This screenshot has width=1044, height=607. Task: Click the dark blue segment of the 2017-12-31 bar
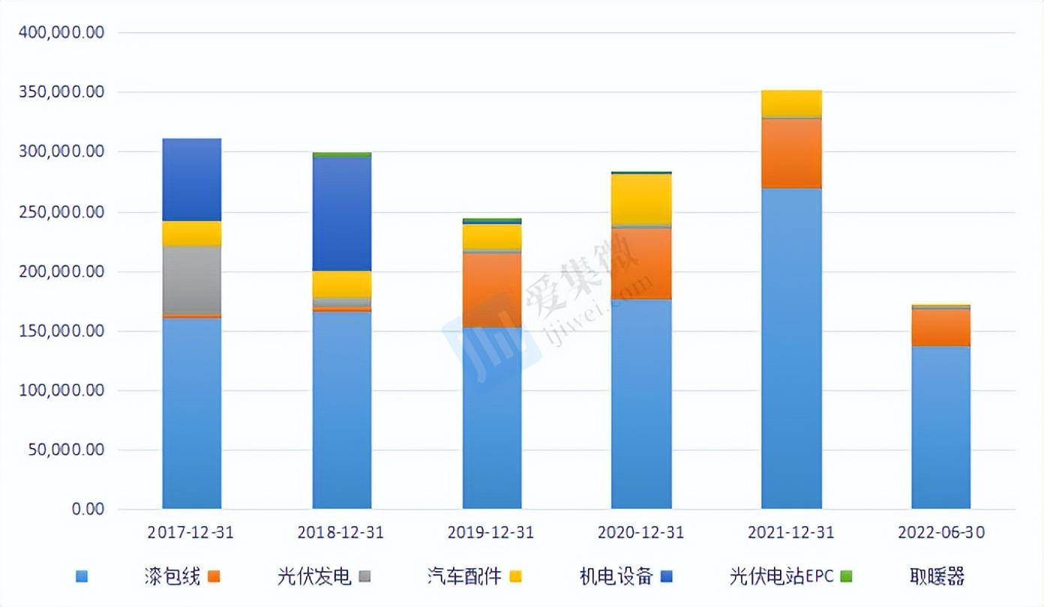192,180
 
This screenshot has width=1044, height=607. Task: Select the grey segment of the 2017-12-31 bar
192,280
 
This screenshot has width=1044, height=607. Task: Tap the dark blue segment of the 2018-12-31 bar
342,214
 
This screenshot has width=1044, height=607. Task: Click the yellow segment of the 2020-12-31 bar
641,199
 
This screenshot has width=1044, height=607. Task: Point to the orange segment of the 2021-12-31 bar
791,153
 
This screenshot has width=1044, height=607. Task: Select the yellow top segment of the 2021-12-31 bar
791,103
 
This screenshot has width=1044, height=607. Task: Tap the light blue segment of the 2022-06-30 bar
941,427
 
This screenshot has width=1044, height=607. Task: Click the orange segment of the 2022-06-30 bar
941,327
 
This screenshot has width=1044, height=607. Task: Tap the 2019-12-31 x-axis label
491,533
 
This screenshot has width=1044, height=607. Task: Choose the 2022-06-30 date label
941,533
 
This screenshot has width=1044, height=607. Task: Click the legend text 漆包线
172,577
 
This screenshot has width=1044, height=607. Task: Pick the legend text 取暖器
935,577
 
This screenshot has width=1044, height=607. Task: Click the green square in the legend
847,577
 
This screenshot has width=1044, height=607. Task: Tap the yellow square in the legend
515,577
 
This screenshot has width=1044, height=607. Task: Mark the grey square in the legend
364,577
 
